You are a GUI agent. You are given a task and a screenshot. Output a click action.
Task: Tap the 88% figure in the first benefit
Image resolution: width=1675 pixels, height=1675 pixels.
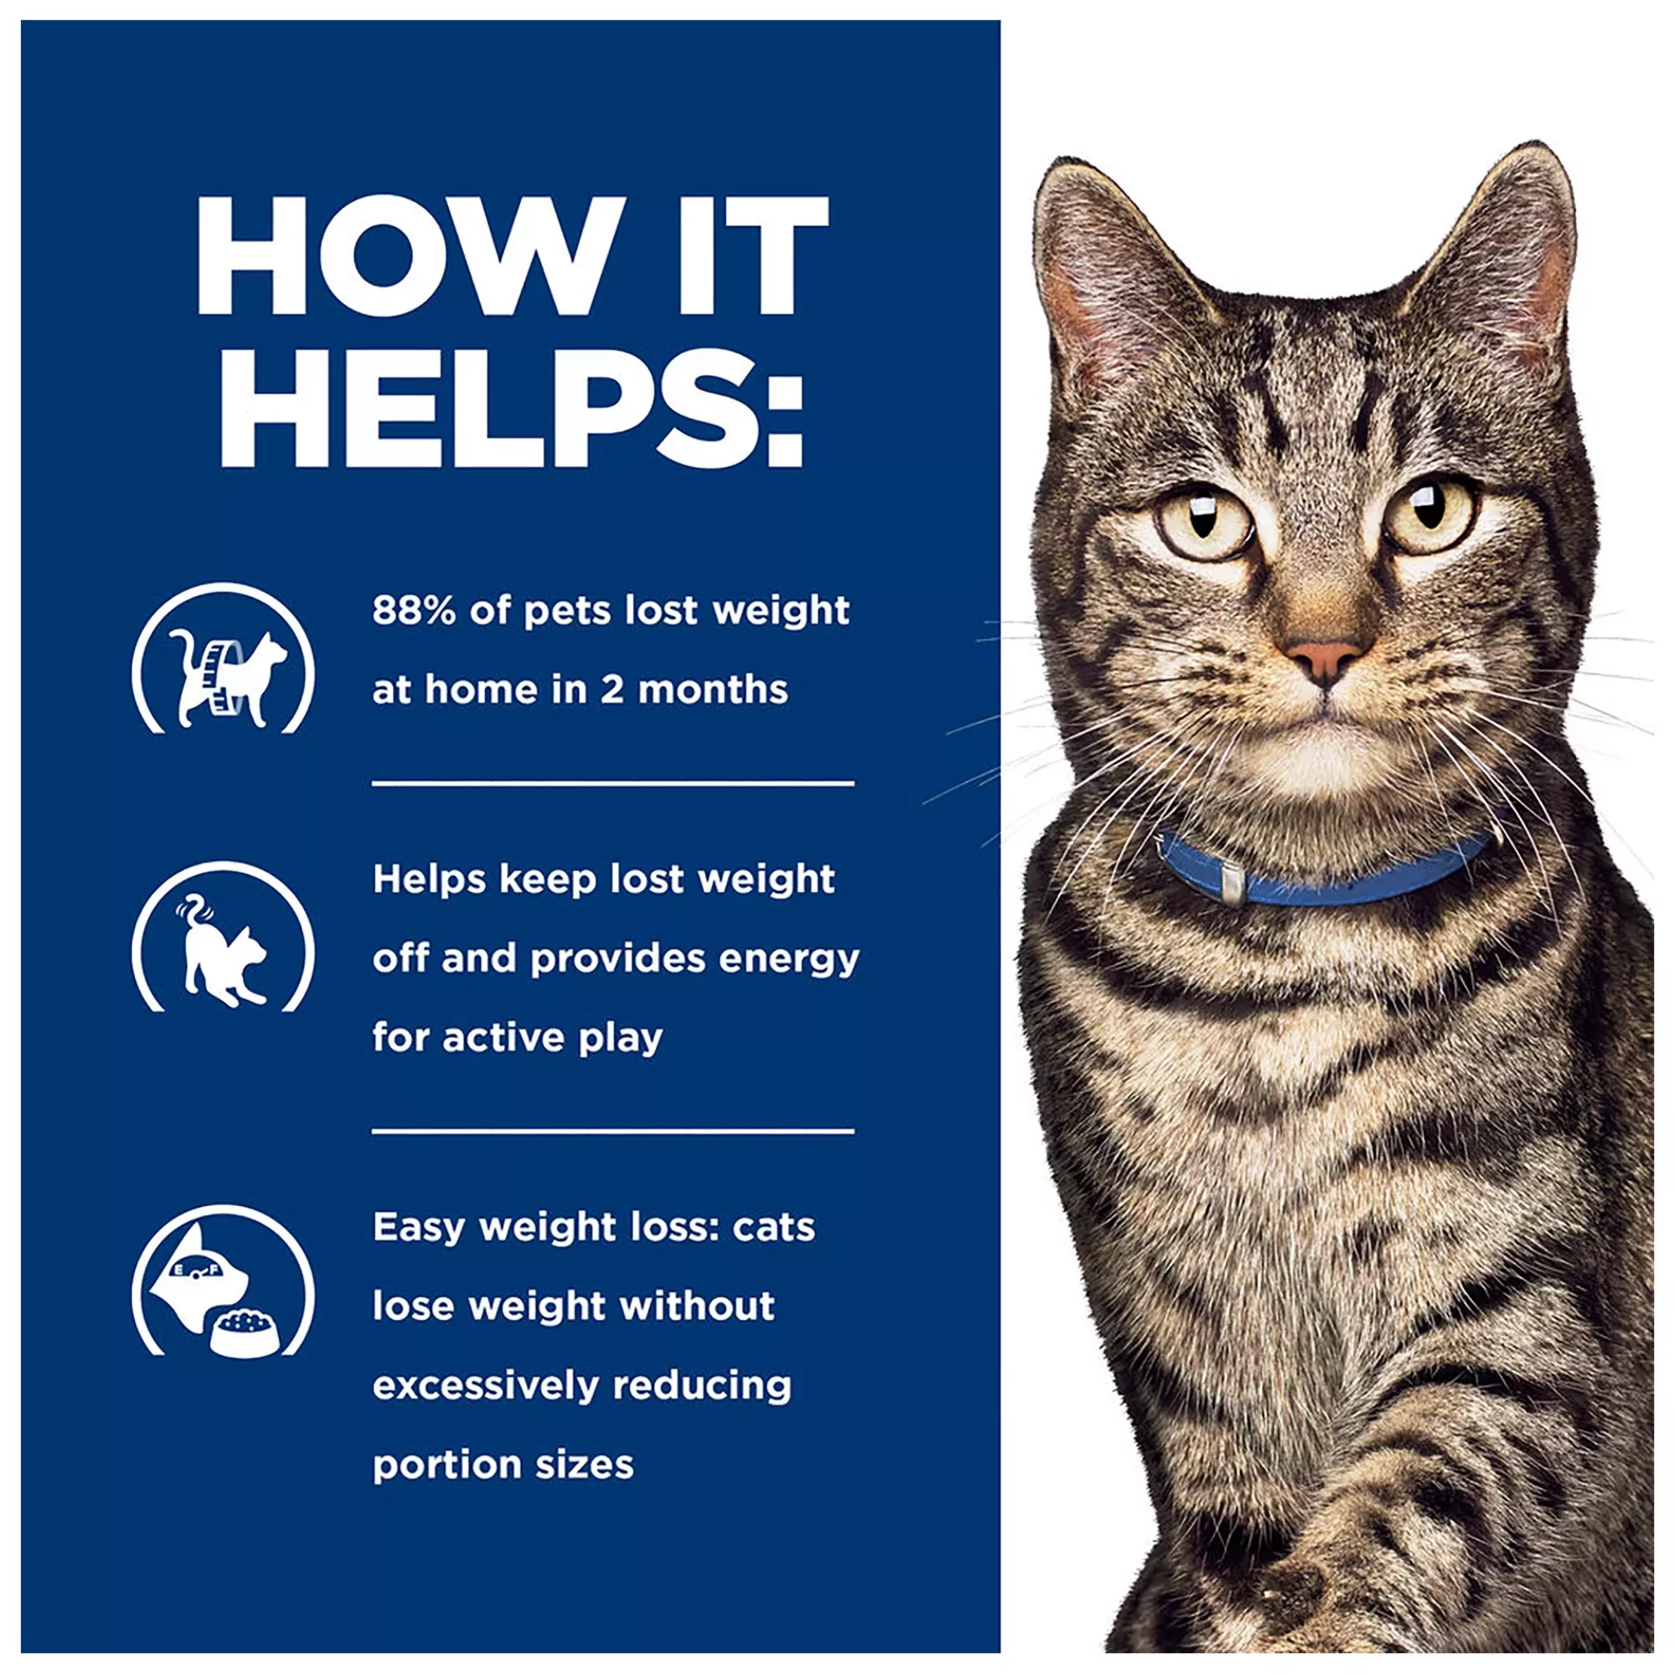(x=415, y=611)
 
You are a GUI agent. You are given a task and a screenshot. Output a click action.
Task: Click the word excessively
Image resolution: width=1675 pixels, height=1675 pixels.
(x=486, y=1385)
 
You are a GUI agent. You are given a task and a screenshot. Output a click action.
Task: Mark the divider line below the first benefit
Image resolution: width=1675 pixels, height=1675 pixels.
(x=613, y=784)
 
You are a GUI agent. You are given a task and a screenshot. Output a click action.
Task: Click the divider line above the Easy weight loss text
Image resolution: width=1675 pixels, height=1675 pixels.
(x=613, y=1131)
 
